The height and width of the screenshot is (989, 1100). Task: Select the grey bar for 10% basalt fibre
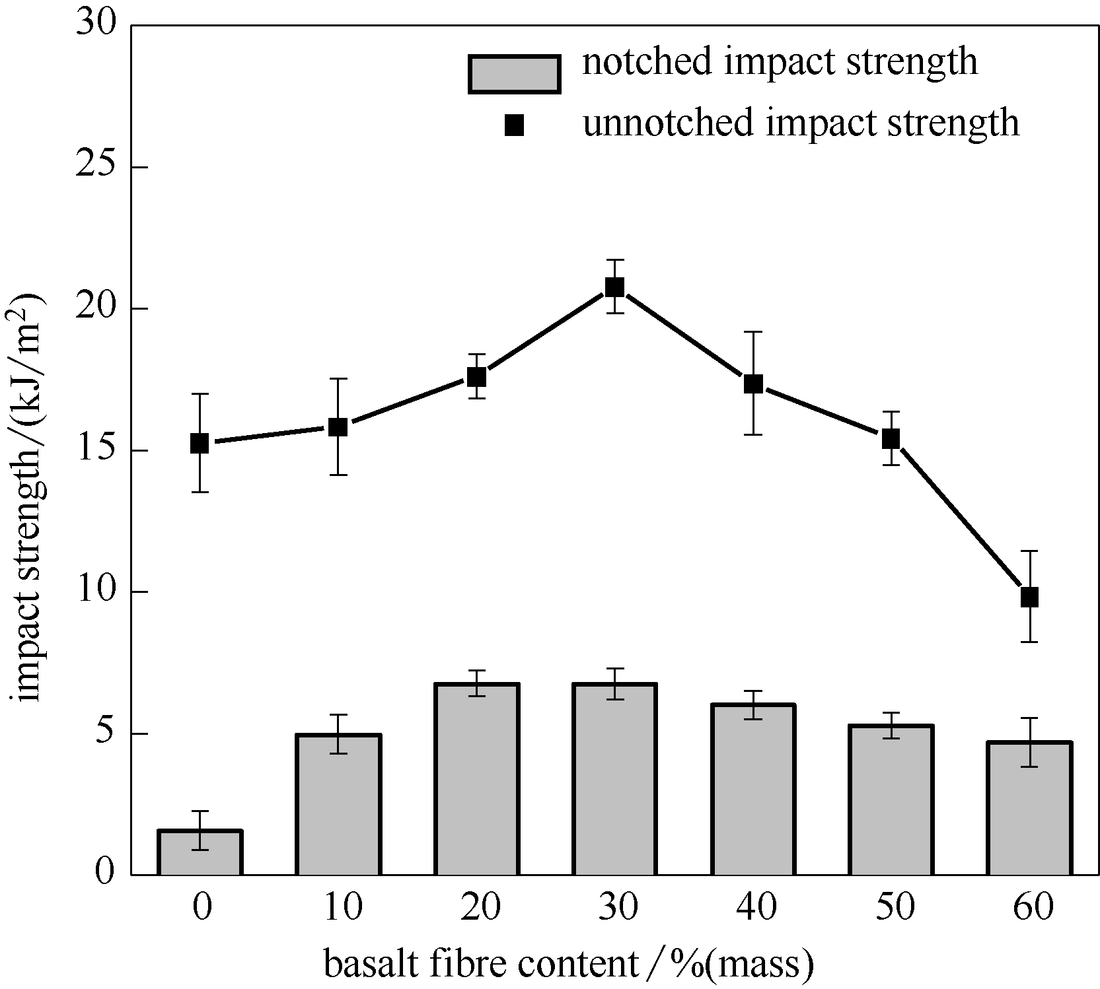click(x=338, y=805)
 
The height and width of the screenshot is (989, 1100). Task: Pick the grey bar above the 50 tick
click(x=891, y=800)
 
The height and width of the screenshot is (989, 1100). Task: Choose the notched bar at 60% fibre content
click(x=1029, y=809)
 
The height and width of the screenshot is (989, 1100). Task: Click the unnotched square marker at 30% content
click(x=614, y=287)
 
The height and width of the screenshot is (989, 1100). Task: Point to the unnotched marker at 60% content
click(x=1029, y=597)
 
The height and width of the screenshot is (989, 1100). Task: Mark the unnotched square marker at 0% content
click(x=200, y=443)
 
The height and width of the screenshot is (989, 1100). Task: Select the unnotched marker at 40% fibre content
click(x=753, y=384)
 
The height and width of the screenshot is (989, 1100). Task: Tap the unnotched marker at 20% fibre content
click(x=476, y=376)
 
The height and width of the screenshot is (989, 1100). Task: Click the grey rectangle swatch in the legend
click(x=514, y=73)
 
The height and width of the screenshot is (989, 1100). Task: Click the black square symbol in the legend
click(x=514, y=125)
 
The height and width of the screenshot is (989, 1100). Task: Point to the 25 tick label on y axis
click(x=95, y=167)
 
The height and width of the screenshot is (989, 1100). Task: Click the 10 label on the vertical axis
click(x=95, y=592)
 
